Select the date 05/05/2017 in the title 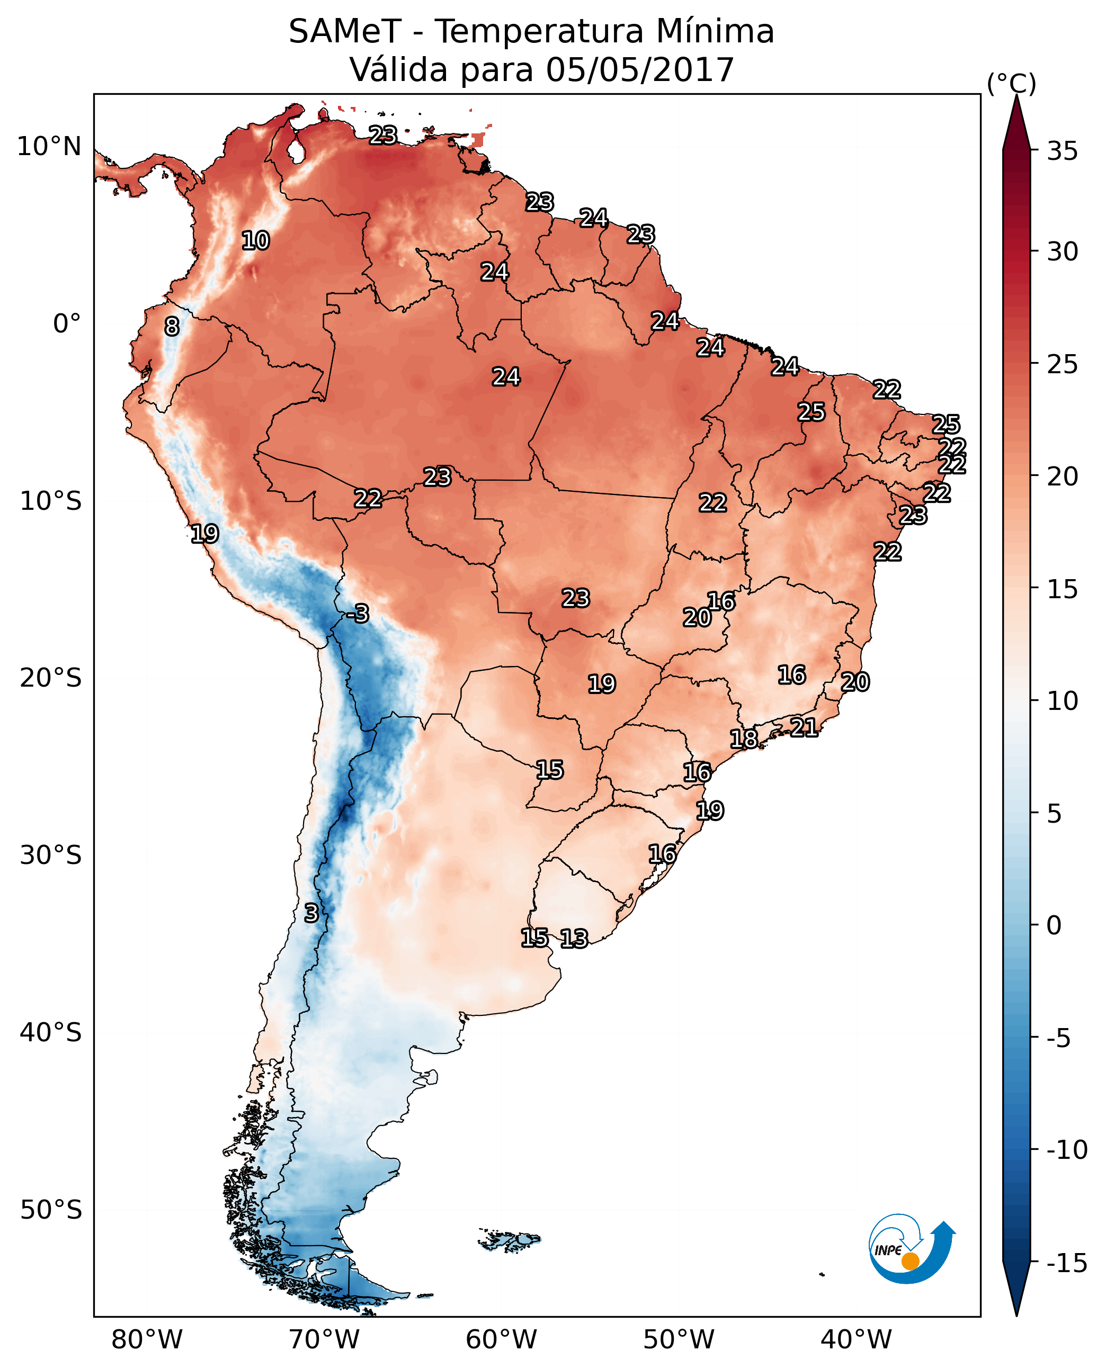[x=640, y=69]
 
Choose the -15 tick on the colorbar [x=1067, y=1263]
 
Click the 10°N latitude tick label [x=49, y=147]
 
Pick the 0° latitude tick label [x=67, y=324]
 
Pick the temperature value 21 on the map [x=804, y=727]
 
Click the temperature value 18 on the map [x=743, y=738]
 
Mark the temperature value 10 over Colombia [x=256, y=241]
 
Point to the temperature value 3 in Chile [x=310, y=913]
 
